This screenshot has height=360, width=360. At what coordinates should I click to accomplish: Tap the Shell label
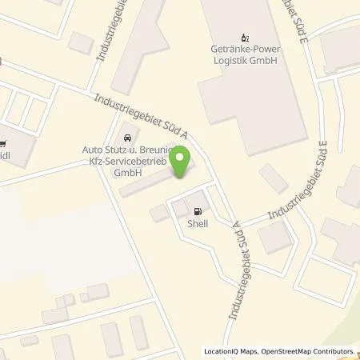point(198,224)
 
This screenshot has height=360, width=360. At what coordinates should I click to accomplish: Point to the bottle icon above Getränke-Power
point(244,37)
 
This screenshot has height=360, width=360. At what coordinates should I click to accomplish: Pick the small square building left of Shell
point(158,213)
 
